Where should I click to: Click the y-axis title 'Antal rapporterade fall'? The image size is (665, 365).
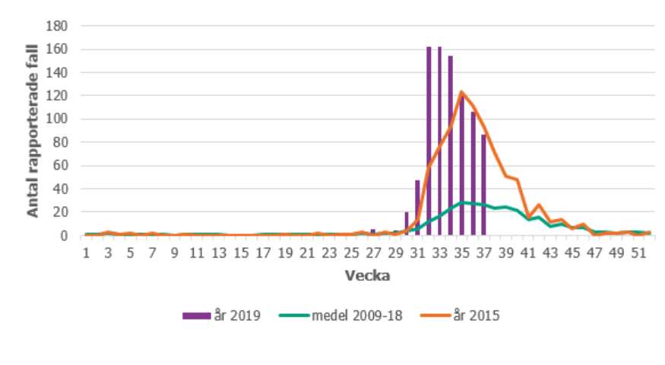tap(33, 131)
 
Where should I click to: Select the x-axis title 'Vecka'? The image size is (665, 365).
tap(368, 276)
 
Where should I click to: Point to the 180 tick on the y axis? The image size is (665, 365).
tap(59, 26)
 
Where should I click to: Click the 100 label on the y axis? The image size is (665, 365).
tap(59, 119)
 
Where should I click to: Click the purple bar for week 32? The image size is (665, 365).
tap(429, 141)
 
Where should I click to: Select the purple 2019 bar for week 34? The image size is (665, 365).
tap(451, 146)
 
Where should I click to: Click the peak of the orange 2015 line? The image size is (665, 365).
tap(461, 92)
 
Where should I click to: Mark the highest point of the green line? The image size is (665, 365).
tap(462, 202)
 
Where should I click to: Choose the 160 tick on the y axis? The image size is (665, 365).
tap(59, 49)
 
